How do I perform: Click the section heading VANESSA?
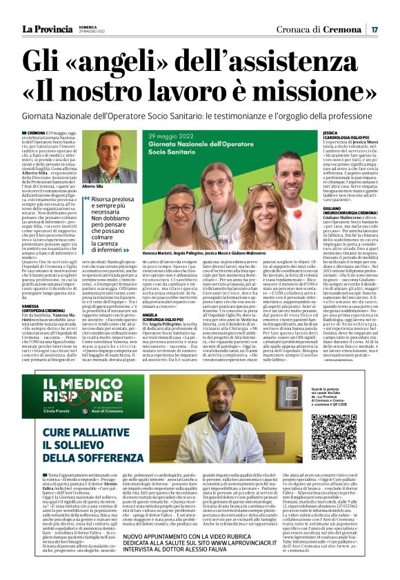click(32, 305)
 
